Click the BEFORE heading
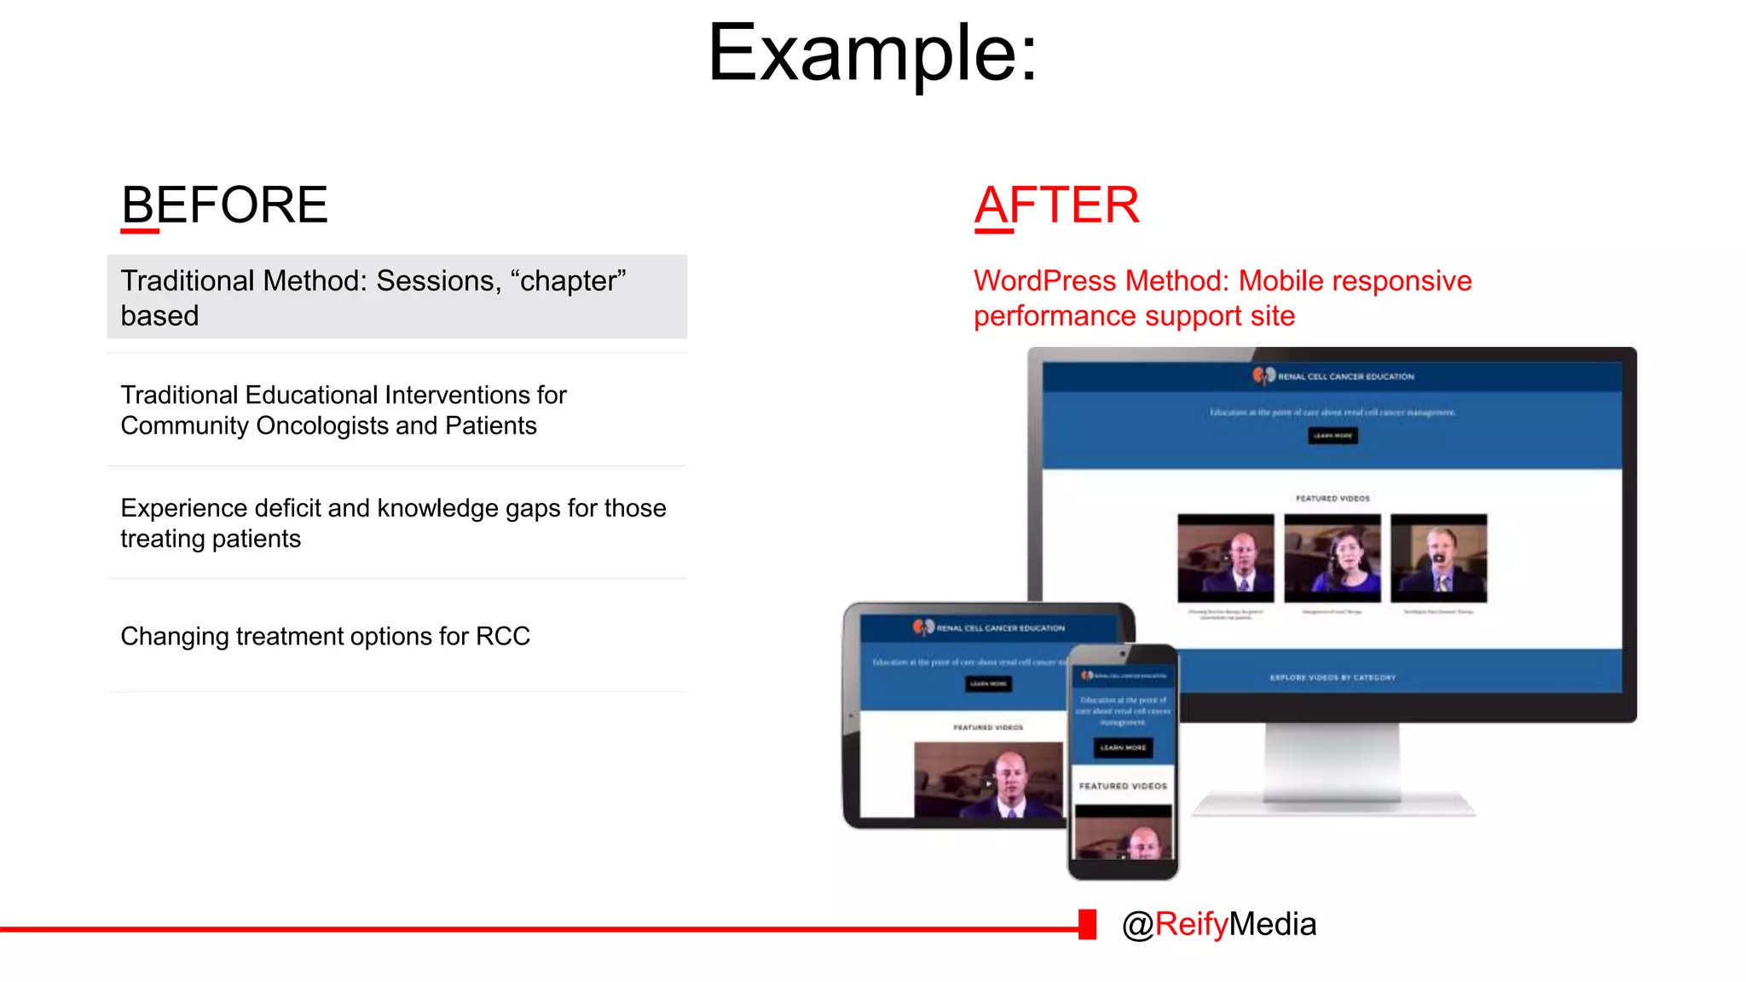(224, 205)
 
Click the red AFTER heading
(1056, 205)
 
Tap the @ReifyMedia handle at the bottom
(1218, 924)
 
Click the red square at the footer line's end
(1087, 924)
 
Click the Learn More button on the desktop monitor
(1333, 436)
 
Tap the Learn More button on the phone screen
(1123, 748)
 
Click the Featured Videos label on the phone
(1123, 786)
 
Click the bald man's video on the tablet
(988, 779)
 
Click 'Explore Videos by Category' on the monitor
(1333, 678)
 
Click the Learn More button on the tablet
(988, 684)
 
